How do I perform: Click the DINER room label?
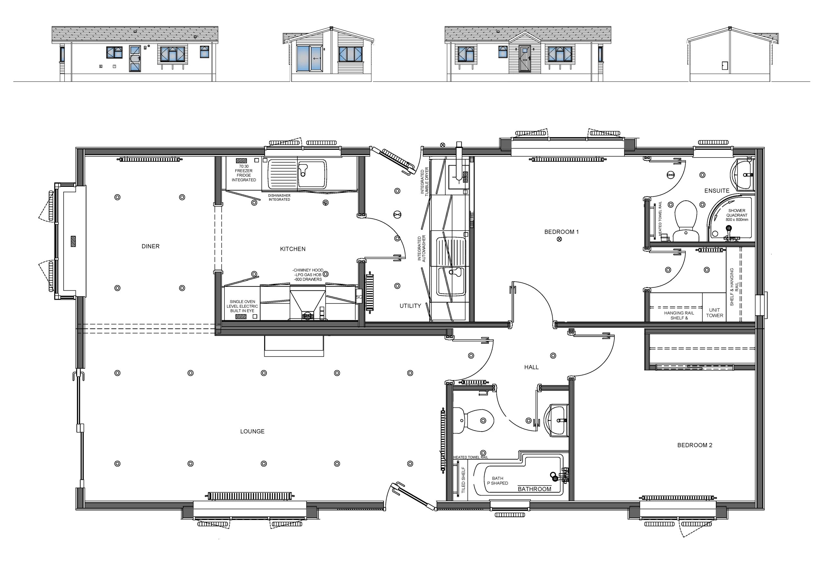(x=150, y=246)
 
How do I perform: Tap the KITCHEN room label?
(x=293, y=249)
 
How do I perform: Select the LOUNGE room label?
(x=252, y=432)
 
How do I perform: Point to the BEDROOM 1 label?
(x=561, y=232)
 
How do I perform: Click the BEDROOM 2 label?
(x=695, y=445)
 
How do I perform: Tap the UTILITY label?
(x=410, y=306)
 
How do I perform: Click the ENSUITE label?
(x=717, y=191)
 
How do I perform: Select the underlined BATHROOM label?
(x=534, y=489)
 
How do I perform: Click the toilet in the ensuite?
(x=686, y=221)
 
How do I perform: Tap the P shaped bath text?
(x=498, y=481)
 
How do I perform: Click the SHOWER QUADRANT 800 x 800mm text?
(x=737, y=215)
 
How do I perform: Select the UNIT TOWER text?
(x=714, y=313)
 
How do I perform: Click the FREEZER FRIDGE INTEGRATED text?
(x=244, y=173)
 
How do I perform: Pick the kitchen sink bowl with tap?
(x=312, y=174)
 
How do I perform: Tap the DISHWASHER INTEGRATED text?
(x=279, y=197)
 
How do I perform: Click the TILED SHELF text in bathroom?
(x=463, y=479)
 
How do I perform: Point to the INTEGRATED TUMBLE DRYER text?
(x=424, y=181)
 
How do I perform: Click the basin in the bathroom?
(x=556, y=420)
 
